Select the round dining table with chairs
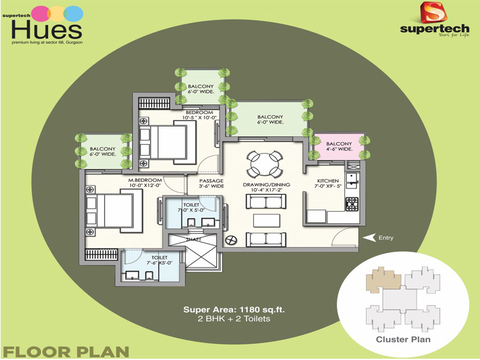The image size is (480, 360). click(265, 164)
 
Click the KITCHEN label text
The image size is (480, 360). click(329, 181)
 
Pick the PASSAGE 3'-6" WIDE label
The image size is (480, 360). click(211, 183)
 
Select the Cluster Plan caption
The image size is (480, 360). click(403, 340)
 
